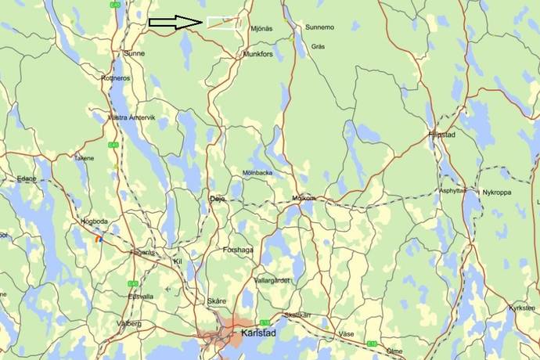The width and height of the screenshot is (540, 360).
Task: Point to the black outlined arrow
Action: (176, 23)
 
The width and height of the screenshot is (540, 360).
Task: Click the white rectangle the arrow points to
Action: (223, 23)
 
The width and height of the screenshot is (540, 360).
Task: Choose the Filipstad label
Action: (441, 135)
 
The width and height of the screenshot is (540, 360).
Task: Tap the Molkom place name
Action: (302, 198)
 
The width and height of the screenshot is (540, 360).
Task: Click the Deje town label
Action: (217, 199)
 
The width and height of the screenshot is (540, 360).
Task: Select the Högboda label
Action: (95, 222)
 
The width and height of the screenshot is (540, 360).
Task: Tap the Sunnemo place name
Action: (319, 27)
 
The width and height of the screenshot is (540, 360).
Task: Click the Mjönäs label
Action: (261, 27)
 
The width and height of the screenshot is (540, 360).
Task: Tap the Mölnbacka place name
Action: (257, 172)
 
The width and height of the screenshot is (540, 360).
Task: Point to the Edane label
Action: (27, 178)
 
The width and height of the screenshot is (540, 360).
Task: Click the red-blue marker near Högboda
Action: (98, 239)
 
